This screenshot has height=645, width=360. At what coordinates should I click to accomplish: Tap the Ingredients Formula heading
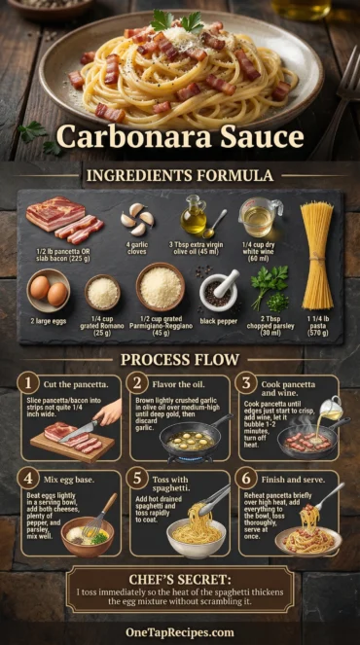tap(179, 175)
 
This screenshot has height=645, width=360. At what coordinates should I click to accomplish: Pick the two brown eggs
tap(49, 290)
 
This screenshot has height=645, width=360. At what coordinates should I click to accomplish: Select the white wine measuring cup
tap(259, 216)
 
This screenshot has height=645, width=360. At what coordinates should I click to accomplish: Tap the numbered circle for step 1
tap(29, 384)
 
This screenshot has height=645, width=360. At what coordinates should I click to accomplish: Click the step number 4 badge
tap(29, 479)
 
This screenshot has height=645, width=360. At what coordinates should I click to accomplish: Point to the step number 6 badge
tap(246, 479)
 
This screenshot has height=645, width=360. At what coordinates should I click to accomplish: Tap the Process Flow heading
tap(179, 359)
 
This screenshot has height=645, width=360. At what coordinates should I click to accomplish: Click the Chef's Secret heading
tap(180, 579)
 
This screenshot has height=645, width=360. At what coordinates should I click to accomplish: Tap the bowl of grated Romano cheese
tap(102, 290)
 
